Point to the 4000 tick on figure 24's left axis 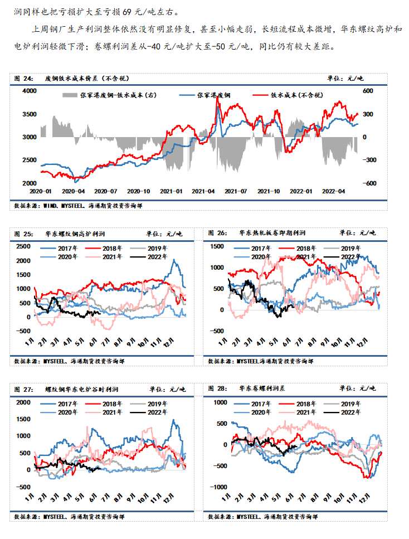[30, 91]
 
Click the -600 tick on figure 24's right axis [372, 183]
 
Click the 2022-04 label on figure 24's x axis [336, 191]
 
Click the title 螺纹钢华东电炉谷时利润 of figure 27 [82, 389]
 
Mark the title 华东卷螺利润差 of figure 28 [263, 389]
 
